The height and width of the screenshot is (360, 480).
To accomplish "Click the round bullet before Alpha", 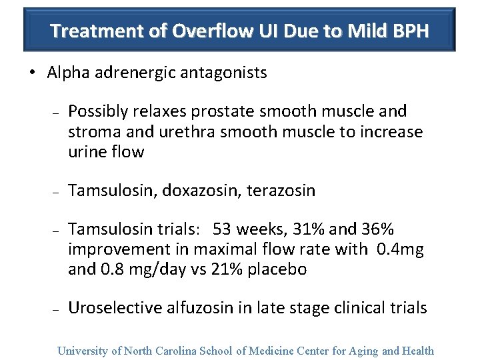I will click(33, 73).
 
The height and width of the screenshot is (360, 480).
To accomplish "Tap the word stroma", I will click(90, 131).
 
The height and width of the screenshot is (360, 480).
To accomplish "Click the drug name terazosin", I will click(281, 191).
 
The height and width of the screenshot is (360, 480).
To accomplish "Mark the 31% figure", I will click(309, 230).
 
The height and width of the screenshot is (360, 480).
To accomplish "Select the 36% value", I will click(378, 230).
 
